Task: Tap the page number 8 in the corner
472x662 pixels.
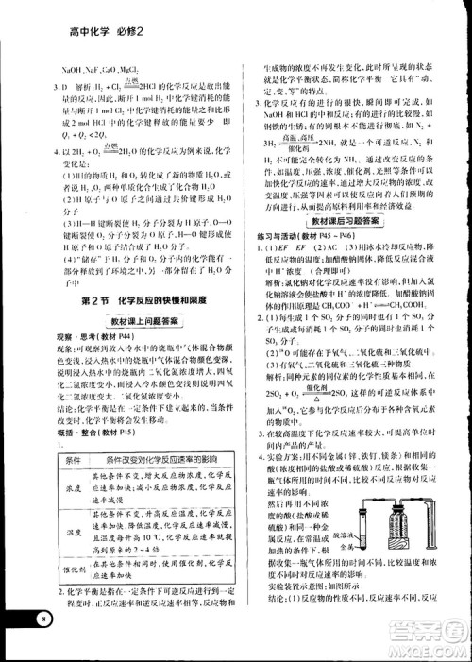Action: tap(42, 618)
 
